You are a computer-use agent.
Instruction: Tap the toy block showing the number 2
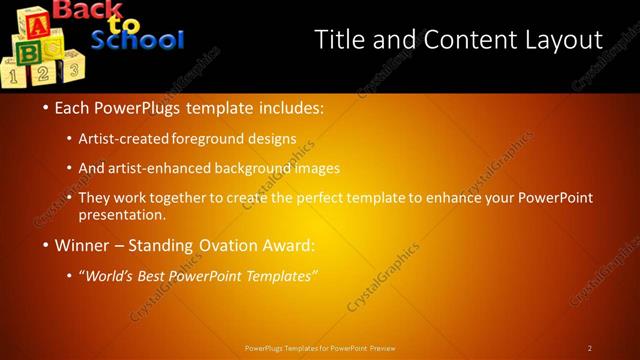click(x=42, y=73)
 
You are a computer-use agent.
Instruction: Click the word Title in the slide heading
click(x=339, y=40)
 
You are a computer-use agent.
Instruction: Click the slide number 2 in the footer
click(x=590, y=348)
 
